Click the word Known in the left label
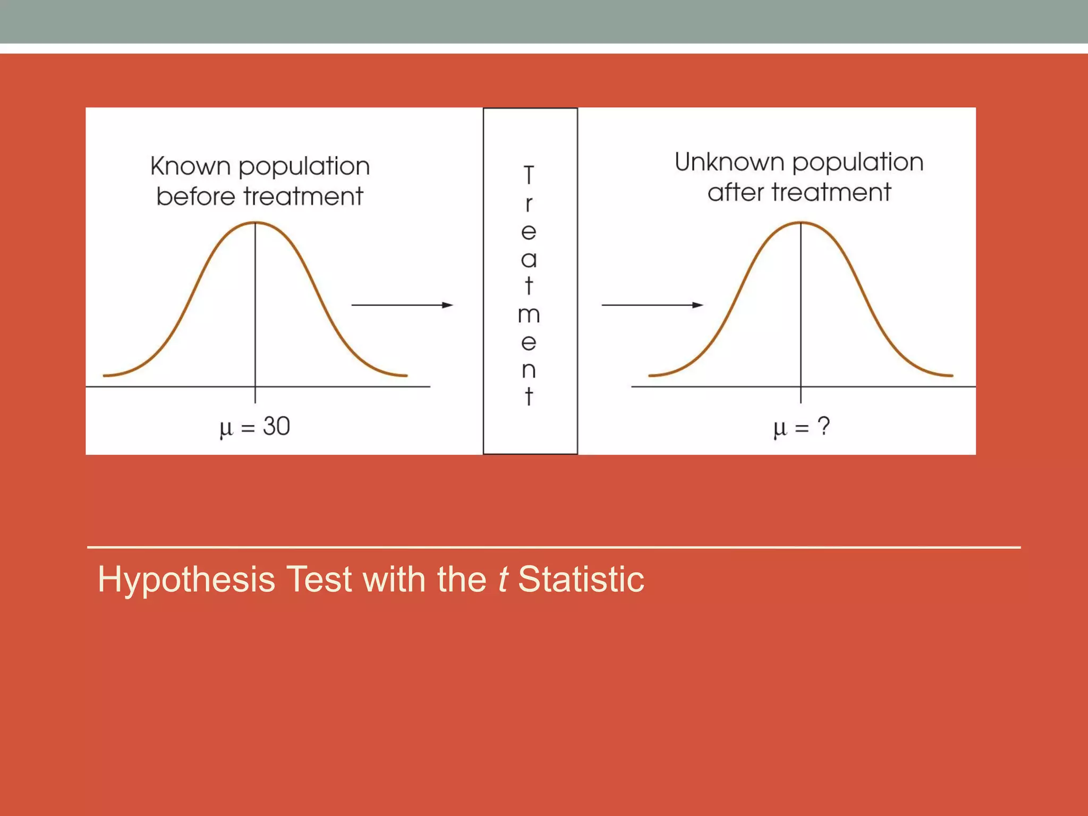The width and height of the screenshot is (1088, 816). [190, 166]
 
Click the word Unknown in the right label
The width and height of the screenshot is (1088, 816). [729, 162]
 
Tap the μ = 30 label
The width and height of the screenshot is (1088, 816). [255, 427]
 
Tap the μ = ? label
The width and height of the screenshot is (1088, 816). [801, 427]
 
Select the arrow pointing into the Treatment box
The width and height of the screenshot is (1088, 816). [402, 305]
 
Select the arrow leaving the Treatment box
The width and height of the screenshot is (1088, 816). [652, 305]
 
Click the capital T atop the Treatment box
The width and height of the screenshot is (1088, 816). [529, 175]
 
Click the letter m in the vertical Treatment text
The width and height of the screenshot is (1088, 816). [529, 315]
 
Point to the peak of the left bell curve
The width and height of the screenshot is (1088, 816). [256, 223]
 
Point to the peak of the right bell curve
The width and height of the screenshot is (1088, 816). [801, 223]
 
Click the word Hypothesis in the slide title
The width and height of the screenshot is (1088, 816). [186, 580]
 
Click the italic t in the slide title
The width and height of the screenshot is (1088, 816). [502, 580]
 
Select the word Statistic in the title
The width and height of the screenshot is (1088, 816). [581, 580]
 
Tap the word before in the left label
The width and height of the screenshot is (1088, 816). [195, 197]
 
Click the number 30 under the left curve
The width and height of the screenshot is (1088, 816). [276, 426]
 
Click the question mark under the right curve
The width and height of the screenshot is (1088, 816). [823, 426]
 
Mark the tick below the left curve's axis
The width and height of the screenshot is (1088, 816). [256, 395]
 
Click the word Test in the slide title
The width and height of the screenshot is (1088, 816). [319, 580]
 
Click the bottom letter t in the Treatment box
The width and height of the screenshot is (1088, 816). [529, 396]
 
